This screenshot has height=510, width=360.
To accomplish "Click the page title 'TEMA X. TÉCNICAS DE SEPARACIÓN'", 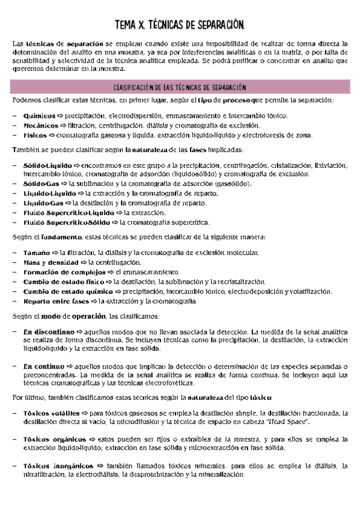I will [x=180, y=25].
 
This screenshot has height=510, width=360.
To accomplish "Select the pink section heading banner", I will [x=180, y=87].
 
